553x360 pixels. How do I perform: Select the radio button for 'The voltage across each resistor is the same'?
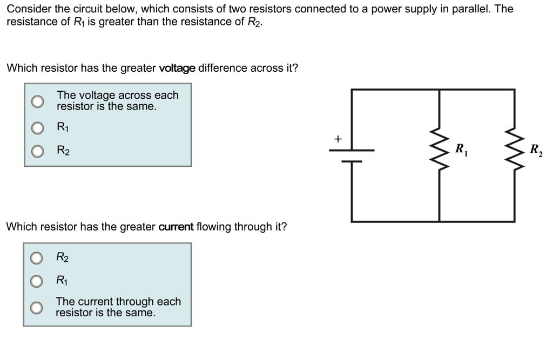pyautogui.click(x=37, y=101)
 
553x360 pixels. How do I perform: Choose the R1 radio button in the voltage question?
pyautogui.click(x=37, y=128)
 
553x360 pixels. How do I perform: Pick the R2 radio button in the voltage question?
pyautogui.click(x=37, y=151)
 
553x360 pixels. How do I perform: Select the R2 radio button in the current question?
pyautogui.click(x=36, y=258)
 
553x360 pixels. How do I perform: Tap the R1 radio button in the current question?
pyautogui.click(x=36, y=281)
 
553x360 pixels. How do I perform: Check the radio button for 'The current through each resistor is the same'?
pyautogui.click(x=36, y=307)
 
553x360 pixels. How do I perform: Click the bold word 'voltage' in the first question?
pyautogui.click(x=177, y=69)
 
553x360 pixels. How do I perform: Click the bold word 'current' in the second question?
pyautogui.click(x=176, y=227)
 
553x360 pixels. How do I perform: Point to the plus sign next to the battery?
pyautogui.click(x=338, y=139)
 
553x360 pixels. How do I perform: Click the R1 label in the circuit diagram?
pyautogui.click(x=461, y=150)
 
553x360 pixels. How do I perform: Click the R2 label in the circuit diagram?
pyautogui.click(x=536, y=150)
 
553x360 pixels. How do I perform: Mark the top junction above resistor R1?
pyautogui.click(x=439, y=90)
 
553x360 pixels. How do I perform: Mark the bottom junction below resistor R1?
pyautogui.click(x=439, y=221)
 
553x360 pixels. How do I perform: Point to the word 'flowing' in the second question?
pyautogui.click(x=214, y=227)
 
